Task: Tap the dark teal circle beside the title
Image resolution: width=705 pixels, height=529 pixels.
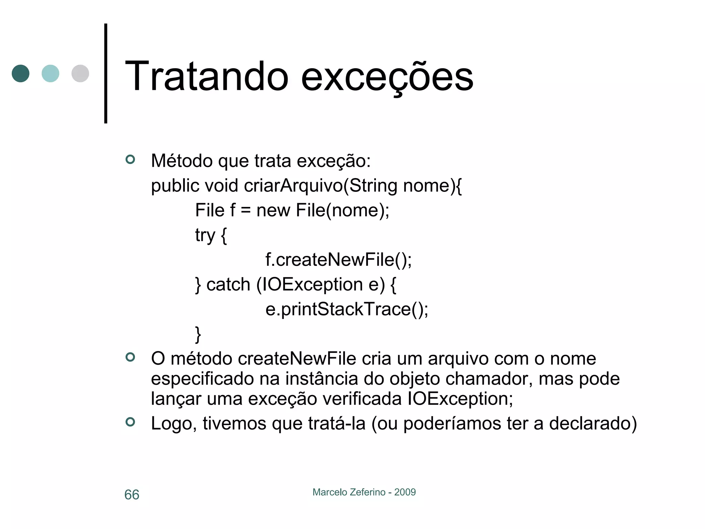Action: [x=21, y=73]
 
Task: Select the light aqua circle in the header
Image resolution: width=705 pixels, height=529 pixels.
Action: [x=50, y=73]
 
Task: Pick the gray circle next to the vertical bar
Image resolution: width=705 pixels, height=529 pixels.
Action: [x=80, y=73]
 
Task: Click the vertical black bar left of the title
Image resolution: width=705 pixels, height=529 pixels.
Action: [x=106, y=73]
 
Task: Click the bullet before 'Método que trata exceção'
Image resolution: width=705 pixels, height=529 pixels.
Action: [x=130, y=159]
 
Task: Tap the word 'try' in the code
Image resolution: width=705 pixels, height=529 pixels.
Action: [x=205, y=236]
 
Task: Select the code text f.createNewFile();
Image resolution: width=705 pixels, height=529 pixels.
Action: [x=338, y=260]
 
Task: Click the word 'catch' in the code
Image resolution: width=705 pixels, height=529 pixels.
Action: [x=228, y=285]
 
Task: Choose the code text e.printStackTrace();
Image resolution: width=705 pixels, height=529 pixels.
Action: [x=347, y=309]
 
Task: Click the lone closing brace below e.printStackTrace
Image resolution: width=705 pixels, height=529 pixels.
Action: [x=198, y=334]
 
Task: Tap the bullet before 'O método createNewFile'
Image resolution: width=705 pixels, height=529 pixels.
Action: [x=130, y=357]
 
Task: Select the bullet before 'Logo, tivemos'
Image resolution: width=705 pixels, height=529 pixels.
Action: [x=130, y=422]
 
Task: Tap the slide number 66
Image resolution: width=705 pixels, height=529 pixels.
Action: [x=131, y=495]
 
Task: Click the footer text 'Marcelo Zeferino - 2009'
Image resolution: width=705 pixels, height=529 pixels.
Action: [x=364, y=492]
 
